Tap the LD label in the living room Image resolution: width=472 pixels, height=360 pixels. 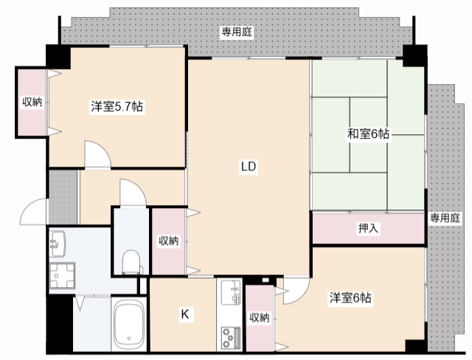coord(248,167)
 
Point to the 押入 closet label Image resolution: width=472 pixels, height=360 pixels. coord(369,228)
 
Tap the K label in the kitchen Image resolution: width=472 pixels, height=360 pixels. coord(185,315)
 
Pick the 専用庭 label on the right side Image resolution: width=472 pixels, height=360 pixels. coord(445,218)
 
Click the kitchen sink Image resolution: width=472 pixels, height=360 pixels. coord(228,289)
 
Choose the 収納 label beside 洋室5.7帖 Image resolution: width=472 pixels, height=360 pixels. coord(32,103)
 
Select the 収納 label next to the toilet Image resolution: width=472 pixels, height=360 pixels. coord(168,240)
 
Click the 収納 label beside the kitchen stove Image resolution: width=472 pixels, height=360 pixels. coord(259,318)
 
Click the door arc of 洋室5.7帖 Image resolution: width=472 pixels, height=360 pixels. coord(97,154)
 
